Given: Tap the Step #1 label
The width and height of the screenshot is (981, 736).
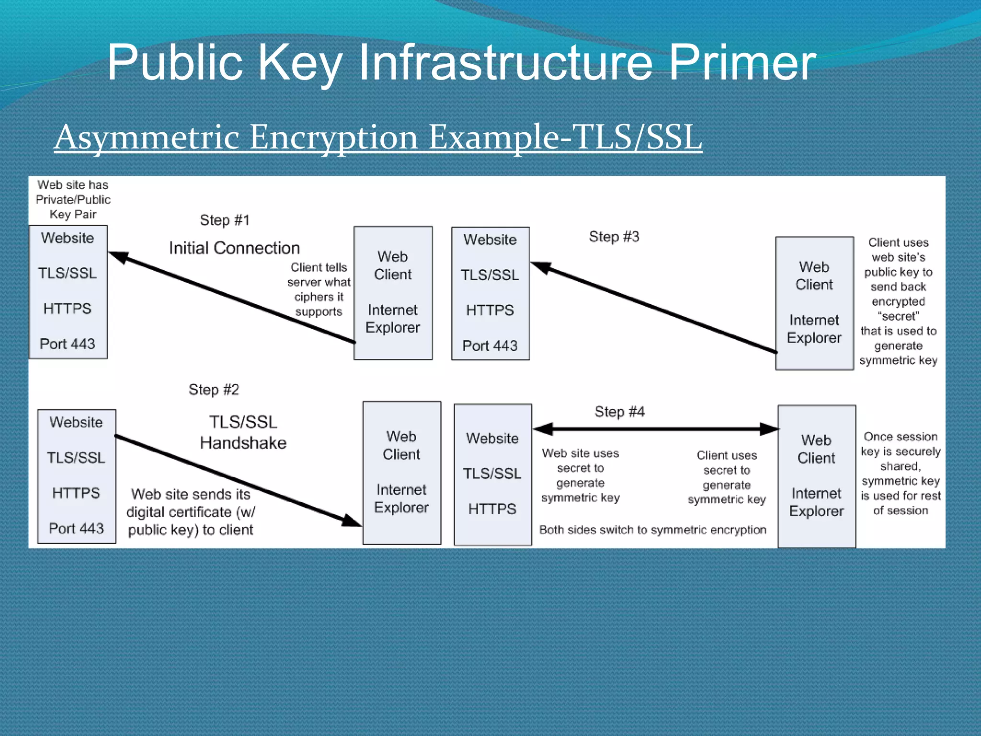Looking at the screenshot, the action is point(225,220).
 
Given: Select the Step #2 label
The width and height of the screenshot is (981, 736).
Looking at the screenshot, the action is point(214,390).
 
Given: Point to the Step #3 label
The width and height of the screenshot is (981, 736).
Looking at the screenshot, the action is point(614,237).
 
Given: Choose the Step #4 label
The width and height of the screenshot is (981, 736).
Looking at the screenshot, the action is point(619,412).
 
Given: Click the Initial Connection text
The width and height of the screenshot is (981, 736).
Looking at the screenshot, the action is point(234,248).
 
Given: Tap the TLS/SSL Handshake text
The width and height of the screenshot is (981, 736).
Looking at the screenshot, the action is point(243,432).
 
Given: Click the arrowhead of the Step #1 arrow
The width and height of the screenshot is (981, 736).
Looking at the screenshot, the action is point(118,257).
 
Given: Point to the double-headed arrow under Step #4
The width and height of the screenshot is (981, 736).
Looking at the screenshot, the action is point(655,429).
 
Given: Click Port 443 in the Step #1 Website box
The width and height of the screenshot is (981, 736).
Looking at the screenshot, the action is point(68,344).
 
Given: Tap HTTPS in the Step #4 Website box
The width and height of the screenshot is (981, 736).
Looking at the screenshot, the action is point(492,509).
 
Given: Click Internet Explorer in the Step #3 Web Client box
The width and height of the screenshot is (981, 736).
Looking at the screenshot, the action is point(814,329).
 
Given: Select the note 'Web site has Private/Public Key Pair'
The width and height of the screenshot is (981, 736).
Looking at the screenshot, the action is point(73,199).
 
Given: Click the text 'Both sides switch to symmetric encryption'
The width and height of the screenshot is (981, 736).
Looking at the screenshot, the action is point(652,530).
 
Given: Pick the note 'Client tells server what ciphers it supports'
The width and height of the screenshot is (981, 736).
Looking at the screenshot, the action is point(319,289).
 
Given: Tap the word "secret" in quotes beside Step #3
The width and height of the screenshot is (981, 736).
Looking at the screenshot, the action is point(898,316).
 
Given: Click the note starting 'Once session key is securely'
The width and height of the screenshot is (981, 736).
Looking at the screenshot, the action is point(901,473).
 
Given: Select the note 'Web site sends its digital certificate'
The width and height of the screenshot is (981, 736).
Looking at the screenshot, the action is point(191,512).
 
